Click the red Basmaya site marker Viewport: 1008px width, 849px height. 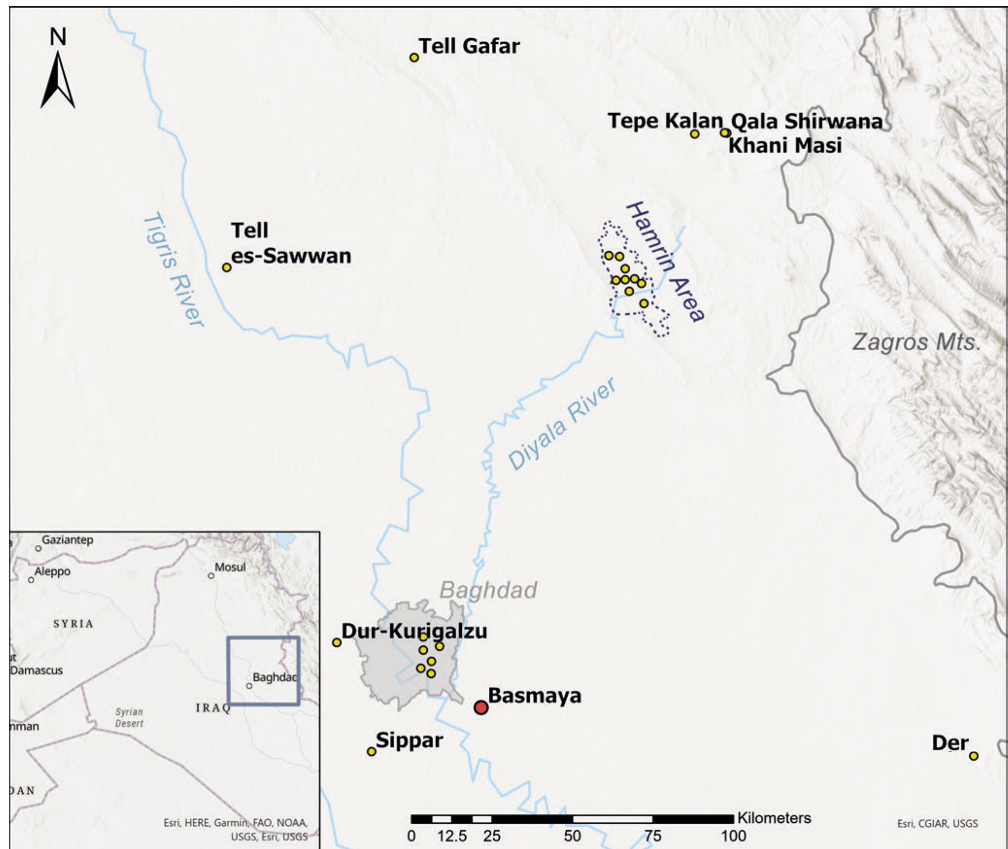click(x=481, y=707)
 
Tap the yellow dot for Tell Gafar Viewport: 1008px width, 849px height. click(x=414, y=57)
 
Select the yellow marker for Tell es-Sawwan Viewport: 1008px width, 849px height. click(x=226, y=267)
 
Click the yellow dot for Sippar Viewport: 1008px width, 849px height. click(x=371, y=751)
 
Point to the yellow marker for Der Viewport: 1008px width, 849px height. click(x=973, y=756)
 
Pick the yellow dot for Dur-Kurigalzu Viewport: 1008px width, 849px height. click(x=336, y=642)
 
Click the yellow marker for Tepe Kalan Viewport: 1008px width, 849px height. click(x=695, y=134)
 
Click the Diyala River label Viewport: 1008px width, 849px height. click(x=562, y=424)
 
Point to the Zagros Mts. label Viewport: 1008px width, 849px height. click(x=916, y=342)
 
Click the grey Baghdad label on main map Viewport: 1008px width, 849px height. click(x=488, y=590)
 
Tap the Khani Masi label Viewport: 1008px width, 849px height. click(x=785, y=145)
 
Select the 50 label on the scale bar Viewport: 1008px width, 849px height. click(x=573, y=836)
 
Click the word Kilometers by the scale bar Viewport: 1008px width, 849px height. click(x=774, y=818)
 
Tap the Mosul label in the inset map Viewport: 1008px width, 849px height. click(x=230, y=567)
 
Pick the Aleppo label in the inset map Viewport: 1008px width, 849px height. click(x=52, y=572)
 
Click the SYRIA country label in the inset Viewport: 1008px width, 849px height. click(x=73, y=624)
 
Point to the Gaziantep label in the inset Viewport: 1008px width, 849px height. click(x=67, y=540)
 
